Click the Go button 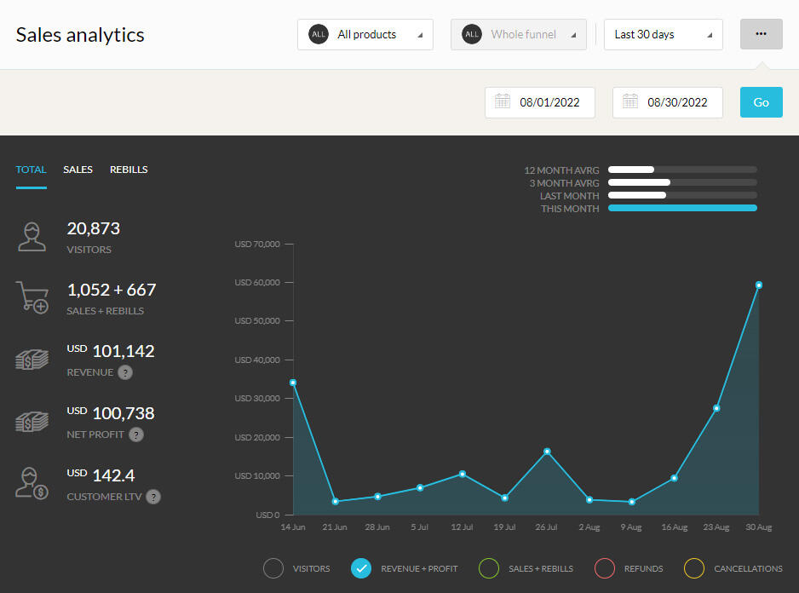click(x=761, y=102)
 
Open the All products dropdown click(x=365, y=35)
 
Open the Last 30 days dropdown click(x=663, y=35)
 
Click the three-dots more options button click(x=761, y=34)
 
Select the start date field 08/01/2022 click(x=540, y=102)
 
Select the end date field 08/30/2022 click(x=668, y=102)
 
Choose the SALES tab click(x=78, y=170)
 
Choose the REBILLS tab click(x=129, y=170)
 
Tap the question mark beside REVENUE click(x=125, y=372)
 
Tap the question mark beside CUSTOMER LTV click(x=153, y=497)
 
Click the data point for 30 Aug click(x=759, y=285)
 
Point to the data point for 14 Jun click(x=293, y=383)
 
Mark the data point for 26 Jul click(x=547, y=452)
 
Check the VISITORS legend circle click(x=273, y=568)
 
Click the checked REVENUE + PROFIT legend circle click(x=361, y=568)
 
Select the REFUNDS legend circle click(x=605, y=568)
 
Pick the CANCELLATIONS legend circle click(x=695, y=568)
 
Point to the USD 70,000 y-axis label click(x=256, y=245)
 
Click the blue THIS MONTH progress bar click(x=682, y=209)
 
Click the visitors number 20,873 click(x=94, y=228)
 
